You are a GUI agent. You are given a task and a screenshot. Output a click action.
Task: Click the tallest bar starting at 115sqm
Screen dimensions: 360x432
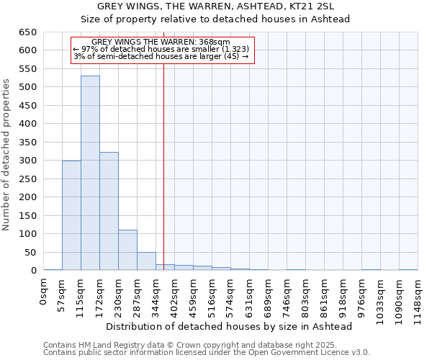coord(90,173)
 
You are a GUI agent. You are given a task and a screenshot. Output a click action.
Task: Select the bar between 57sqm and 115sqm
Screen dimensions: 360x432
coord(71,215)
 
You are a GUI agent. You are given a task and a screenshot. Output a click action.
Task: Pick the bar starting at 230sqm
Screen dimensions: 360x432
coord(127,250)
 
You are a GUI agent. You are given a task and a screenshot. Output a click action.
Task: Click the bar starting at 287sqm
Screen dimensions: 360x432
coord(146,261)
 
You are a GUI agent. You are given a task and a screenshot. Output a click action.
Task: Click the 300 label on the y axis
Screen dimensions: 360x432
coord(29,161)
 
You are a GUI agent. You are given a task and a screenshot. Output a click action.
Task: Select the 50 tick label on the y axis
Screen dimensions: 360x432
coord(32,252)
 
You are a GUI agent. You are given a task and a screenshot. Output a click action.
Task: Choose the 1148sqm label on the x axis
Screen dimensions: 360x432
coord(418,299)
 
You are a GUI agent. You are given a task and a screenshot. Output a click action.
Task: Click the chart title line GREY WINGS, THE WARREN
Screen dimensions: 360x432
coord(216,6)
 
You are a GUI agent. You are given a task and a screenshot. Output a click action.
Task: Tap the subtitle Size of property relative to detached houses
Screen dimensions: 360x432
coord(216,19)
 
